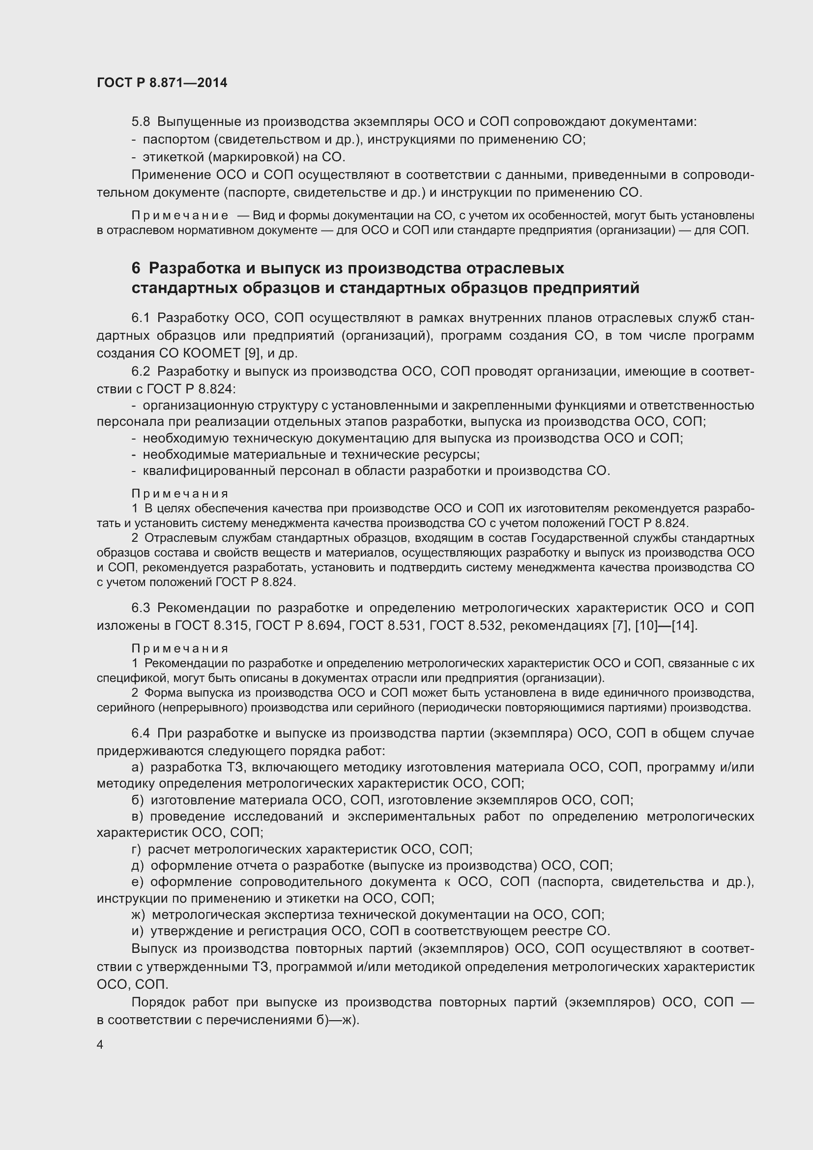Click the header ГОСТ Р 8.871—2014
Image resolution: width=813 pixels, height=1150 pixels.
162,83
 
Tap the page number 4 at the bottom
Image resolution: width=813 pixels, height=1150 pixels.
100,1045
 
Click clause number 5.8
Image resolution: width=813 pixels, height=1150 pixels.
141,122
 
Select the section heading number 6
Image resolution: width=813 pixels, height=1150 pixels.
136,268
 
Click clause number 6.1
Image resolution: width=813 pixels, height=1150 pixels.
141,318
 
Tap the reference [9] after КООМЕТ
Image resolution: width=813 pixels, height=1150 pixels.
252,353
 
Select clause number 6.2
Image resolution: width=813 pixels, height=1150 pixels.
141,371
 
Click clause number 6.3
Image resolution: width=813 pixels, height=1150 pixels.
141,608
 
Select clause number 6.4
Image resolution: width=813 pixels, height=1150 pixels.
141,733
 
